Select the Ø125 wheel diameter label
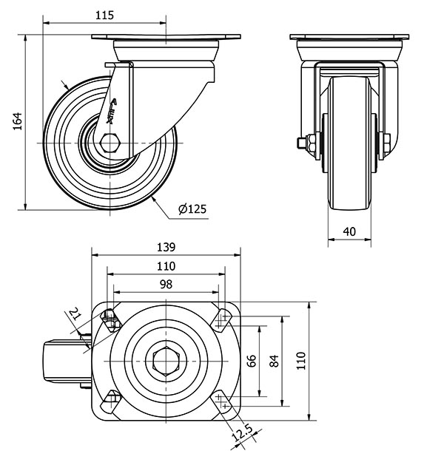192,210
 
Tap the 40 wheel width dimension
350,231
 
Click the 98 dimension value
166,284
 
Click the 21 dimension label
73,316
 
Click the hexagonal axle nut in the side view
110,142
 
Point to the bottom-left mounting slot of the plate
111,401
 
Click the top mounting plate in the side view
166,38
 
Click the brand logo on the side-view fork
113,109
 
